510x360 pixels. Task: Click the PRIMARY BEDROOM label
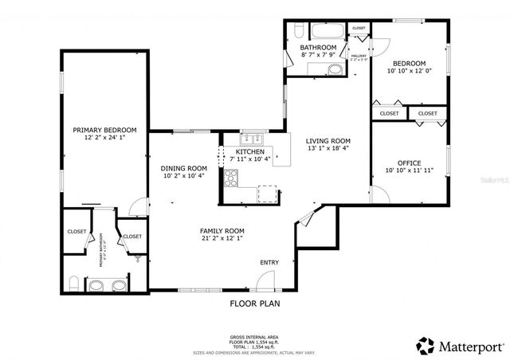tap(104, 130)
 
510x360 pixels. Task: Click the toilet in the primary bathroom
tap(73, 283)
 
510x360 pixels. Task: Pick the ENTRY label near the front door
tap(269, 263)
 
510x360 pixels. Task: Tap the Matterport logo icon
tap(426, 345)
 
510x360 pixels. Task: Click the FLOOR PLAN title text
tap(255, 303)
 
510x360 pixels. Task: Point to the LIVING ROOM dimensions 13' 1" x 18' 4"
tap(328, 149)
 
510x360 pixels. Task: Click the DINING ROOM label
tap(184, 168)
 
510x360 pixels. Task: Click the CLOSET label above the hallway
tap(359, 28)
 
